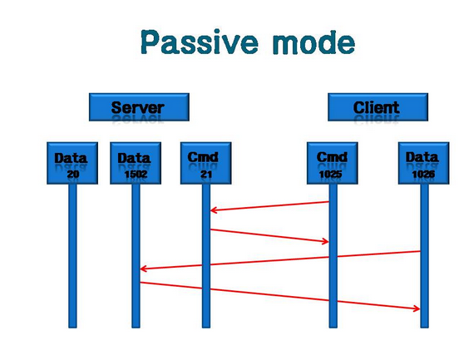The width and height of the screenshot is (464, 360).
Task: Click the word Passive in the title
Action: [200, 42]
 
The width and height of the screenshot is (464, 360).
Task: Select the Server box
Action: [139, 107]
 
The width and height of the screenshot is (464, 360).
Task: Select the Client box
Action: [378, 107]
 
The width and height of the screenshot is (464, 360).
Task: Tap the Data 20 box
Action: [72, 163]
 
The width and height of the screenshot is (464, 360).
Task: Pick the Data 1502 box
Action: [136, 163]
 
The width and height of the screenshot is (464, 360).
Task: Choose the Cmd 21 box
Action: [206, 163]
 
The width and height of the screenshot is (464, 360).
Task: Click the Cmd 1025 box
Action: [333, 163]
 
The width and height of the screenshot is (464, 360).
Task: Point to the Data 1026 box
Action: [424, 163]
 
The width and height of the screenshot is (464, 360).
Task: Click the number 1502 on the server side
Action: [136, 174]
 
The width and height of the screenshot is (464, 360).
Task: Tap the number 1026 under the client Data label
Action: [423, 174]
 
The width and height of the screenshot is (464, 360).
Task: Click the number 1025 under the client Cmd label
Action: [331, 174]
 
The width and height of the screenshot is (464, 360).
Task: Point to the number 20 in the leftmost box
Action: [73, 174]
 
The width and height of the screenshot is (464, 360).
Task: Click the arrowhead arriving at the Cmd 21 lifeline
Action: [213, 210]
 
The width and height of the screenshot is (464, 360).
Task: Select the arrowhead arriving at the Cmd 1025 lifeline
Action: [325, 241]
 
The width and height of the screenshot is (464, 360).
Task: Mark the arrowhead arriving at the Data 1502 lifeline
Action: [143, 269]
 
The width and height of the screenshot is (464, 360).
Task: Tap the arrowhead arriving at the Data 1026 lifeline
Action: [417, 308]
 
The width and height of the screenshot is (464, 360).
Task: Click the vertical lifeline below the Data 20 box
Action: [72, 256]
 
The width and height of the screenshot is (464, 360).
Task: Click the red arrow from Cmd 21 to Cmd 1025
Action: [269, 235]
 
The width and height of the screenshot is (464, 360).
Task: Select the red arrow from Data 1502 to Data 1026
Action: [280, 296]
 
